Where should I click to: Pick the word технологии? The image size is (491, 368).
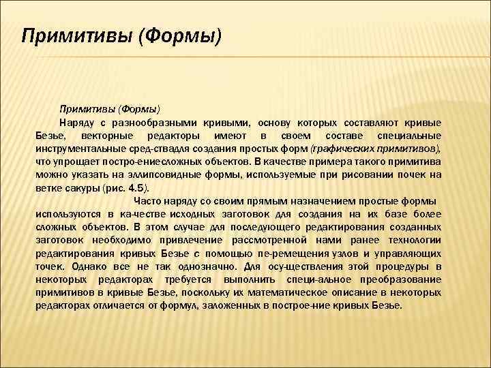click(x=411, y=240)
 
